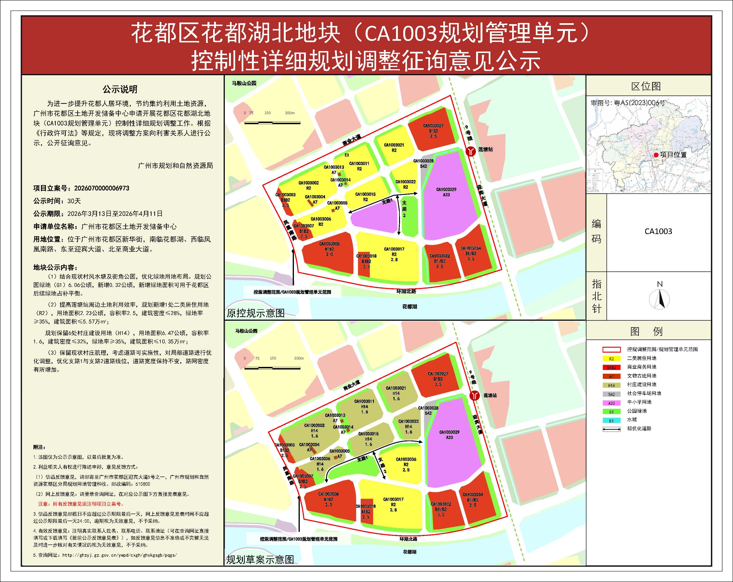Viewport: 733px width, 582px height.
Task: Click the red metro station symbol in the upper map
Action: pos(470,151)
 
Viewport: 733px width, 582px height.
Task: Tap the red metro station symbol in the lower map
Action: pos(475,395)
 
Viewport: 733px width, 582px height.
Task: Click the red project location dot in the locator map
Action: pos(656,155)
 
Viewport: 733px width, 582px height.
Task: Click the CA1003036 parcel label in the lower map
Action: pos(406,459)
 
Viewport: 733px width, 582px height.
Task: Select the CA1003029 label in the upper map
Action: pos(446,190)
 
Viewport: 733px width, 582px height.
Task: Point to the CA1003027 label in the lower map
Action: pos(438,373)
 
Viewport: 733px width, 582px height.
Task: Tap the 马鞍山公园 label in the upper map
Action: pos(244,83)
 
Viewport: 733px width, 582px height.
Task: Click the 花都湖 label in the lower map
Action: pos(409,552)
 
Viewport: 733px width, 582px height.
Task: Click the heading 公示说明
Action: pos(120,90)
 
